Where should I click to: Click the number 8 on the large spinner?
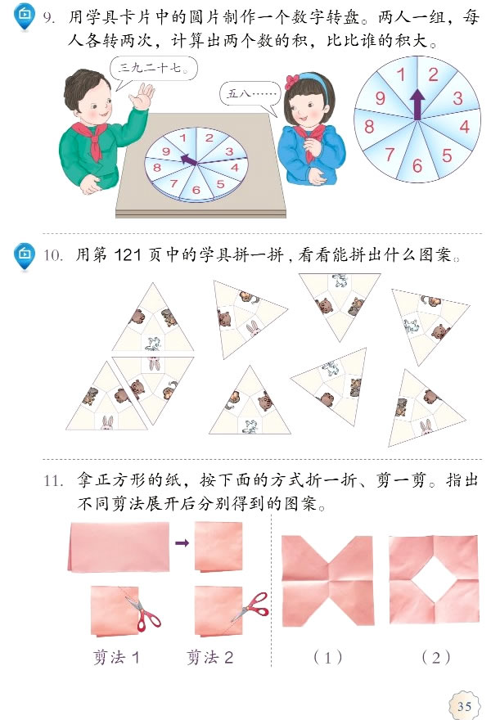point(370,127)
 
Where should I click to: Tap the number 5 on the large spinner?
point(447,155)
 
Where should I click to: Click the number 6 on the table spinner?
point(196,191)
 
